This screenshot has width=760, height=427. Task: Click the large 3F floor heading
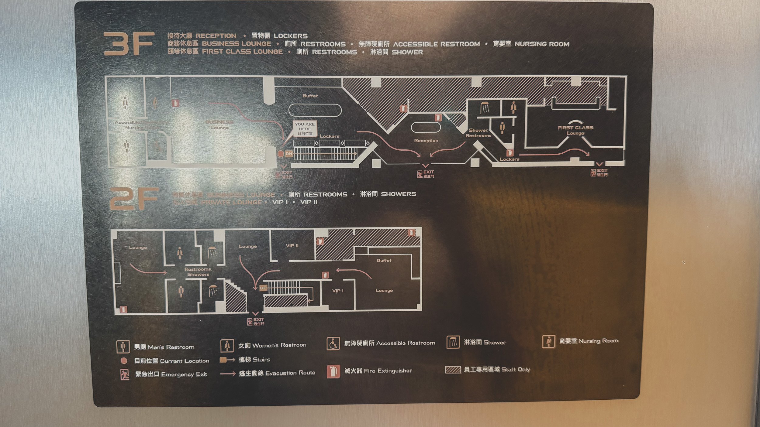pyautogui.click(x=129, y=44)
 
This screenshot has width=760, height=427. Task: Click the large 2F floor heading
pyautogui.click(x=134, y=199)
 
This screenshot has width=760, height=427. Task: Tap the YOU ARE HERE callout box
pyautogui.click(x=305, y=129)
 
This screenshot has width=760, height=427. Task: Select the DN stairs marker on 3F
pyautogui.click(x=288, y=154)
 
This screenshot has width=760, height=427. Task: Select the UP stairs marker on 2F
pyautogui.click(x=263, y=288)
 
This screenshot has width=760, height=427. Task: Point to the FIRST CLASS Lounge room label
pyautogui.click(x=575, y=130)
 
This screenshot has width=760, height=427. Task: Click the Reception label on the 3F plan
pyautogui.click(x=426, y=141)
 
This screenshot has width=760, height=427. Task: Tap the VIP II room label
pyautogui.click(x=292, y=246)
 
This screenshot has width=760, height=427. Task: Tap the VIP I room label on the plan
pyautogui.click(x=337, y=291)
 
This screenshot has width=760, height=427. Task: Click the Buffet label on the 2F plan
pyautogui.click(x=384, y=260)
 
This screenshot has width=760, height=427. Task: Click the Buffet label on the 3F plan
pyautogui.click(x=310, y=96)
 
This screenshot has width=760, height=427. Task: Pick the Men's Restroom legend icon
pyautogui.click(x=123, y=347)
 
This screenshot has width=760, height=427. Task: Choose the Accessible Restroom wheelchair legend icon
pyautogui.click(x=333, y=344)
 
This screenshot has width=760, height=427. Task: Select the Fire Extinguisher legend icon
pyautogui.click(x=333, y=371)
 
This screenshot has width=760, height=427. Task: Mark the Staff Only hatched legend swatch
pyautogui.click(x=453, y=370)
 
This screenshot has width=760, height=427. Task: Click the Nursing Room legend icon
pyautogui.click(x=548, y=341)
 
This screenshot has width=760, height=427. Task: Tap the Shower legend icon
pyautogui.click(x=453, y=342)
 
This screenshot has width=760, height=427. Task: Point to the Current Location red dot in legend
pyautogui.click(x=124, y=361)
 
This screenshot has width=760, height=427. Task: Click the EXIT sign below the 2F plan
pyautogui.click(x=256, y=321)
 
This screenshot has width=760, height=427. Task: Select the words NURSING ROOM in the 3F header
pyautogui.click(x=542, y=44)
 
